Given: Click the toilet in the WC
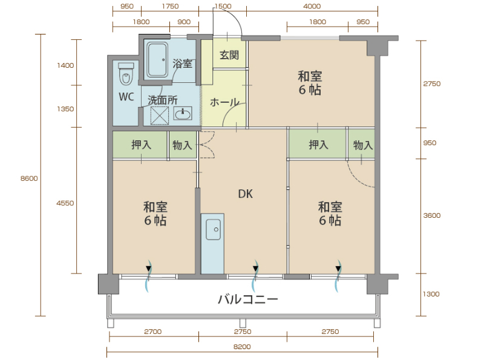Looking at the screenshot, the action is pos(126,74).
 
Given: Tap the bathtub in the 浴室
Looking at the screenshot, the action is pos(157,59).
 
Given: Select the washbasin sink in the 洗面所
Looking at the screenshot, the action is pos(183,113).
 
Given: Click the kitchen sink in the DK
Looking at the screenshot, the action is pos(214,229).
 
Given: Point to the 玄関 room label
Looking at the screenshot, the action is pos(229,55).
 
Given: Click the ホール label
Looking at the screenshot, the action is pos(224,102).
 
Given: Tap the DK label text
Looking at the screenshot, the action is pos(246,194).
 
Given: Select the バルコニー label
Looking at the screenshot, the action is pos(248,299).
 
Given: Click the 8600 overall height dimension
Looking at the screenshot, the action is pos(29,178).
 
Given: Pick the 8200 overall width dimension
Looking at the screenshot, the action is pos(242,347).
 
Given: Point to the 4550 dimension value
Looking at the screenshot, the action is pos(65,203).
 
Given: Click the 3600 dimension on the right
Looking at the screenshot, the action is pos(432,215).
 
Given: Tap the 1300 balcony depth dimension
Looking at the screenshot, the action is pos(431,294).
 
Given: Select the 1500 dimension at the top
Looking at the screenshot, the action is pos(223,6).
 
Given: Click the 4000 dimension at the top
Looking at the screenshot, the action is pos(312,6).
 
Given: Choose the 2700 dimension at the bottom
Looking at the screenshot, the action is pos(153,332).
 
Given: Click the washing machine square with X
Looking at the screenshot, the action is pos(160,116).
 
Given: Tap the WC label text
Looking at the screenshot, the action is pos(126,97).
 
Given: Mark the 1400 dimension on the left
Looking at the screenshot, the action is pos(65,65).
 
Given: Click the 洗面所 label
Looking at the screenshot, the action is pos(163,100).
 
